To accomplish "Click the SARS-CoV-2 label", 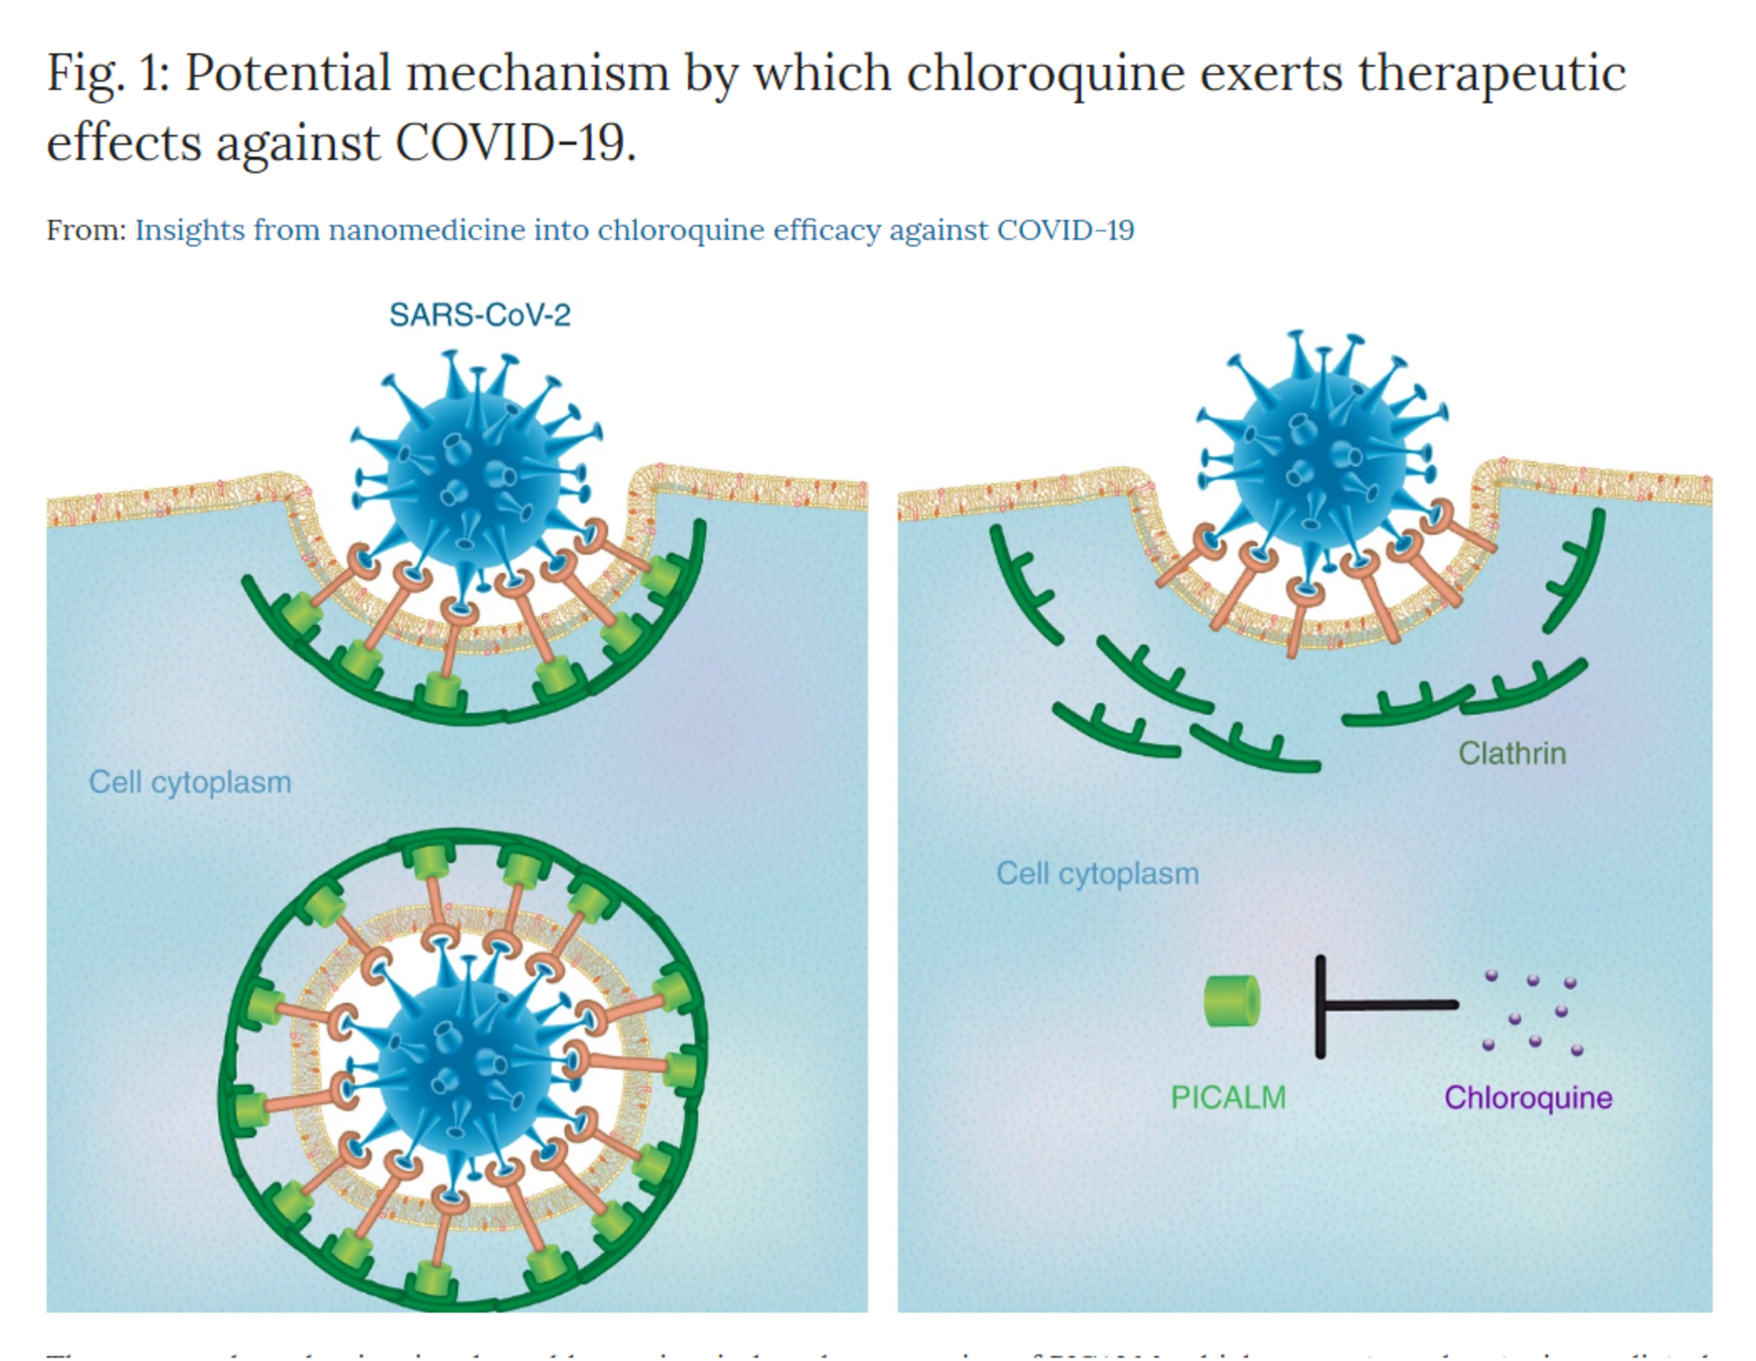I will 479,315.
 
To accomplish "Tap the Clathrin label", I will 1512,754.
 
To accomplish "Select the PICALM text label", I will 1228,1098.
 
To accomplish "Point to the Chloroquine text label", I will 1528,1098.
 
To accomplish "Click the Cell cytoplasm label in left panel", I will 190,781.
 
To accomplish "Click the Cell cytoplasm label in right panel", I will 1097,873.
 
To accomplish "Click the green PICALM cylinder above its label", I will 1231,1002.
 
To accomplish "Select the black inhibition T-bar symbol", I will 1366,1005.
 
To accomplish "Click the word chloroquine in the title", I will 1046,74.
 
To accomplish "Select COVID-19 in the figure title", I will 515,143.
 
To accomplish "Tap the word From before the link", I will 85,230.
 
